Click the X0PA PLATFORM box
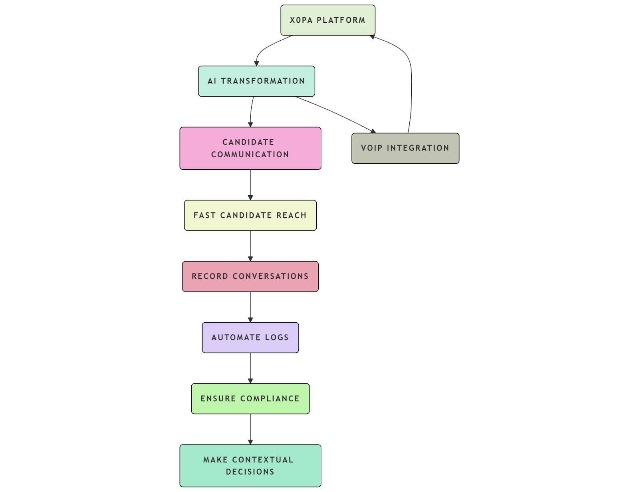(x=327, y=20)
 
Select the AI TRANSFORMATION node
(x=256, y=81)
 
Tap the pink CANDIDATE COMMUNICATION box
(x=250, y=148)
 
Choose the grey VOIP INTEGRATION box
(x=405, y=148)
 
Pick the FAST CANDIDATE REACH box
(x=250, y=215)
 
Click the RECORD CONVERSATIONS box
(x=250, y=276)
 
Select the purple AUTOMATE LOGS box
(x=250, y=337)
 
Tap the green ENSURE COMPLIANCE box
(x=250, y=399)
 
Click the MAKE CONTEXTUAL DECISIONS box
(x=250, y=466)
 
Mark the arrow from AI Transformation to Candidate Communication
(x=251, y=112)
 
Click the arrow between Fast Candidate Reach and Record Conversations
(x=250, y=246)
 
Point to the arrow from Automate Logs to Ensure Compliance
(x=250, y=368)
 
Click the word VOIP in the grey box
(x=371, y=148)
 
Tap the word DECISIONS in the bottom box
(x=250, y=472)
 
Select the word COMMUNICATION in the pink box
(x=250, y=155)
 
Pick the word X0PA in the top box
(x=301, y=20)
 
